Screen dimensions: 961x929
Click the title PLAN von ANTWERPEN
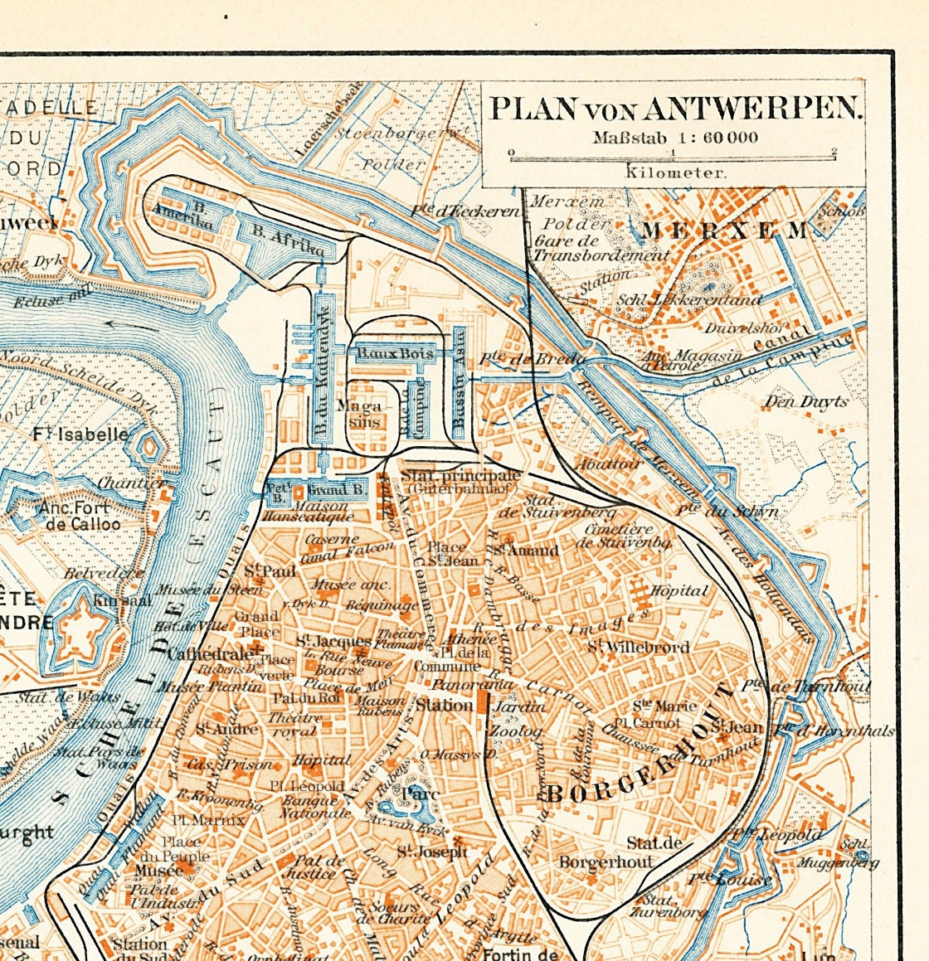pyautogui.click(x=675, y=109)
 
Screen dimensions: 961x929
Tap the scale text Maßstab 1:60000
pyautogui.click(x=674, y=137)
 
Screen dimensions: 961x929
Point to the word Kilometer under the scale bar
pyautogui.click(x=675, y=172)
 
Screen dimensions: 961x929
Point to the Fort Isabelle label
pyautogui.click(x=81, y=434)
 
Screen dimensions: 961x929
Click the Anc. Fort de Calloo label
pyautogui.click(x=80, y=516)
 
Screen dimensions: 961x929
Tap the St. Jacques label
pyautogui.click(x=333, y=641)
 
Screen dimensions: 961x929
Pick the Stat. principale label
pyautogui.click(x=461, y=476)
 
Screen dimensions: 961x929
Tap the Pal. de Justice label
pyautogui.click(x=309, y=866)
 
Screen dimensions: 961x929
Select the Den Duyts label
pyautogui.click(x=805, y=402)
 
